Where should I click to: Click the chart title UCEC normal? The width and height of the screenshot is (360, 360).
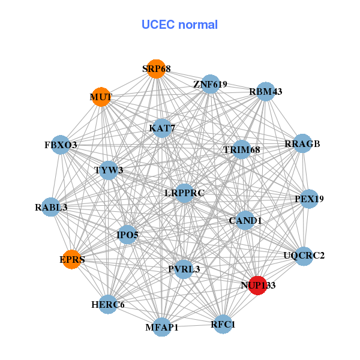tap(179, 25)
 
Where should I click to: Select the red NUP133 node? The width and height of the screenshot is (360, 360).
tap(257, 285)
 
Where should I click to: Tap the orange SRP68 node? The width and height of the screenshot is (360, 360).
tap(156, 69)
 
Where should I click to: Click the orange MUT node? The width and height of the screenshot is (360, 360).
tap(101, 97)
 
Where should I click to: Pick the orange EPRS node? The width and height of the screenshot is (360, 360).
tap(71, 259)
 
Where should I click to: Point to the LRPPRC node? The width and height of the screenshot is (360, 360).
tap(185, 193)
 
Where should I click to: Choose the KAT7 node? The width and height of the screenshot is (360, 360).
tap(162, 128)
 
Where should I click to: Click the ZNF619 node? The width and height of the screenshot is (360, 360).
tap(210, 85)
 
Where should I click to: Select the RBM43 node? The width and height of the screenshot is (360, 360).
tap(265, 92)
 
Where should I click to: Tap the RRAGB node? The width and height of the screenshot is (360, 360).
tap(302, 144)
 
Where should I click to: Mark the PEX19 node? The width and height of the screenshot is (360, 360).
tap(308, 199)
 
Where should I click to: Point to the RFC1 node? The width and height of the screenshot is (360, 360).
tap(223, 324)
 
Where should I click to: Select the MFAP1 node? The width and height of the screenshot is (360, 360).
tap(162, 327)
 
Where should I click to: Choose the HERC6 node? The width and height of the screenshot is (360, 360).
tap(108, 304)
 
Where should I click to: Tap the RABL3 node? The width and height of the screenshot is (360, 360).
tap(52, 208)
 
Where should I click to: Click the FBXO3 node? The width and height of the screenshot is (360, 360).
tap(61, 145)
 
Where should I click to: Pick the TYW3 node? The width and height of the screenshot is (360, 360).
tap(109, 170)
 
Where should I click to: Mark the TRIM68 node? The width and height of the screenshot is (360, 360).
tap(241, 149)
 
